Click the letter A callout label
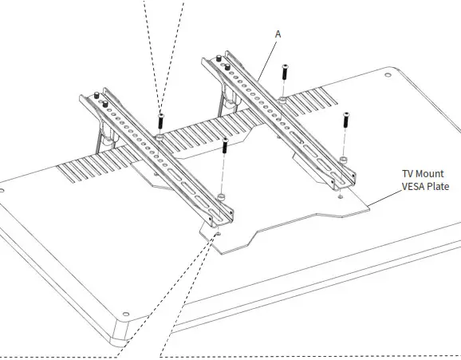[x=277, y=34]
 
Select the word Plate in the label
[x=441, y=186]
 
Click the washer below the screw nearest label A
[x=284, y=100]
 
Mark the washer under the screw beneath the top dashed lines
[x=160, y=138]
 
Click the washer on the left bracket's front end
[x=220, y=197]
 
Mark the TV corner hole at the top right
[x=388, y=75]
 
